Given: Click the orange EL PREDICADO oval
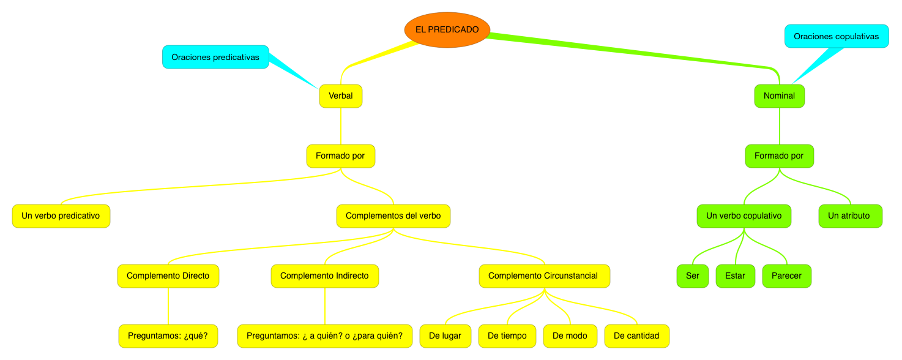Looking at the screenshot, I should point(447,29).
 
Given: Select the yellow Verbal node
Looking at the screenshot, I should point(341,96).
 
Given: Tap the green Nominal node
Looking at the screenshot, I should point(779,96).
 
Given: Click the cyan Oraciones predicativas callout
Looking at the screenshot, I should point(215,57).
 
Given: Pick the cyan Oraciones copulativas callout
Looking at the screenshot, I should point(836,36).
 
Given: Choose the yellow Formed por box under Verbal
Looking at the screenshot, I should point(340,156).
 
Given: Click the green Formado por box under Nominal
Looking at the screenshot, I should point(779,156).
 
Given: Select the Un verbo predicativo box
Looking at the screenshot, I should point(61,216).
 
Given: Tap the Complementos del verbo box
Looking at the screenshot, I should point(393,216).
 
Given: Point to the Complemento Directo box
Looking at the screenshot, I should point(168,276).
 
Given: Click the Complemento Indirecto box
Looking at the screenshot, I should point(324,276).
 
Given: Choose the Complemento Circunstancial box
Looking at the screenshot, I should point(543,276).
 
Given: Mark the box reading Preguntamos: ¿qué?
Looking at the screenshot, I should point(168,336).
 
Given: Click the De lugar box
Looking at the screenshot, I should point(445,336).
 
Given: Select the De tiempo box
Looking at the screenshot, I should point(507,336).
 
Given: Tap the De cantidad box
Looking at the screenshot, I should point(636,336).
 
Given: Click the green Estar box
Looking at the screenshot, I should point(735,276).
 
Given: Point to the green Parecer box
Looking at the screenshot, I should point(786,276).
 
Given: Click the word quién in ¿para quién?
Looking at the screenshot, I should point(389,336).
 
